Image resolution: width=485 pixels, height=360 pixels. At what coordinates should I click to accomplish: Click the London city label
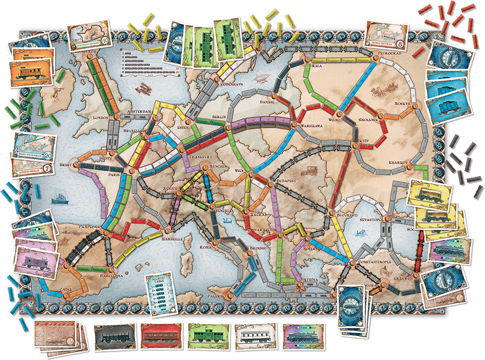click(100, 117)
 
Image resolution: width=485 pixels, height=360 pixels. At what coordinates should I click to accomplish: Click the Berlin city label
click(219, 117)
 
